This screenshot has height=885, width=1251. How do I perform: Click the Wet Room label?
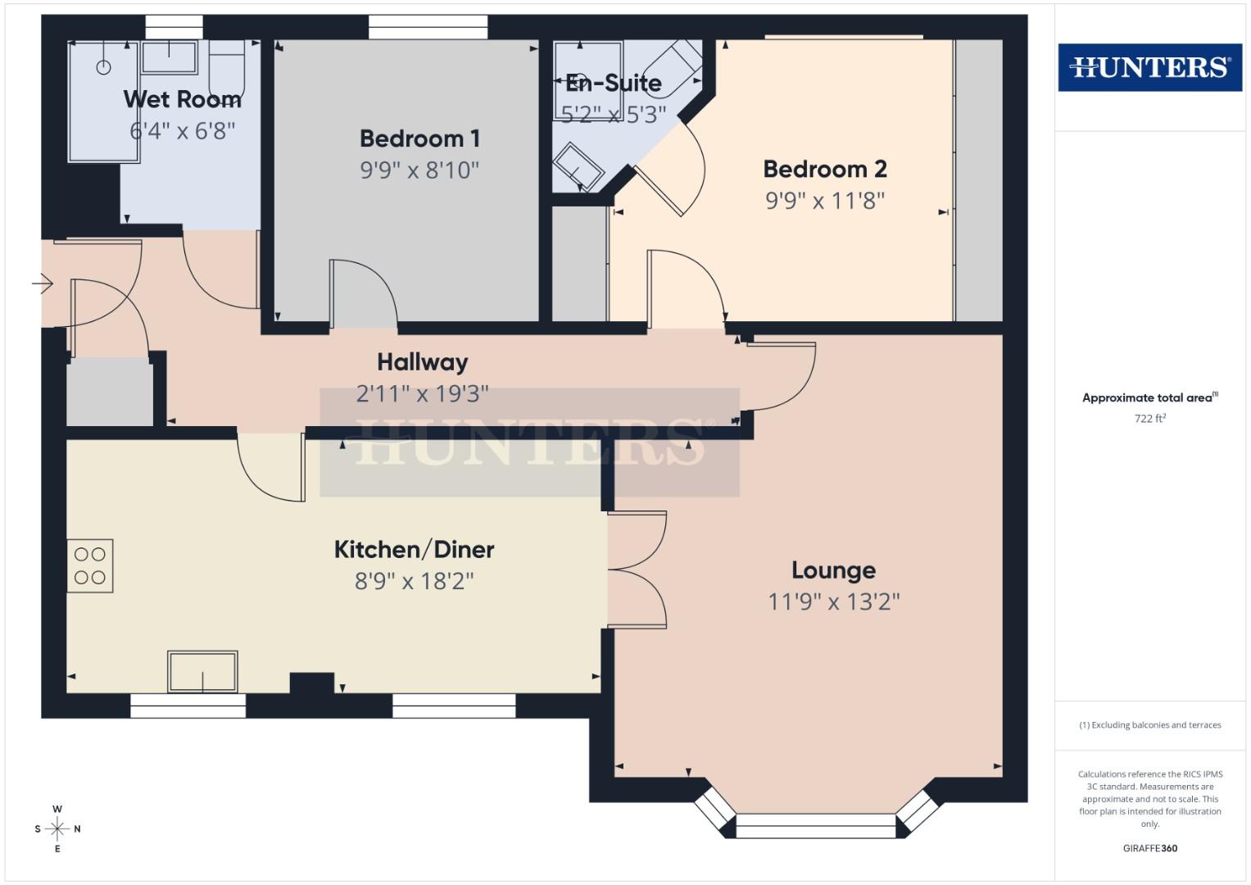click(x=182, y=99)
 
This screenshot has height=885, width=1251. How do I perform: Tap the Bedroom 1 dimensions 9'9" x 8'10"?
click(x=419, y=170)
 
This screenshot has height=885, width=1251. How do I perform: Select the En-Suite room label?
click(x=614, y=83)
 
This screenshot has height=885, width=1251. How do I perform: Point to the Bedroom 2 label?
click(x=824, y=169)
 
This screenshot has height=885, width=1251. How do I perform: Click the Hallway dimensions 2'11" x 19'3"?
click(x=422, y=393)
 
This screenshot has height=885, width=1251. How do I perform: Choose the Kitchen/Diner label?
click(x=414, y=549)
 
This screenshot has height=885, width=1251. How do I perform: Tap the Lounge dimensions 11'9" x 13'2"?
click(x=833, y=601)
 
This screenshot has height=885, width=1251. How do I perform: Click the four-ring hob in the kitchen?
click(x=90, y=565)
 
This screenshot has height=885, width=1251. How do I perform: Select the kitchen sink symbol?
click(x=202, y=672)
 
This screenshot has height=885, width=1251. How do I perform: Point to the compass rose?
click(x=57, y=828)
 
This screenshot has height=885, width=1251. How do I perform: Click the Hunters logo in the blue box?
click(x=1149, y=67)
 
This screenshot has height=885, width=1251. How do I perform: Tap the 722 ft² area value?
click(x=1149, y=418)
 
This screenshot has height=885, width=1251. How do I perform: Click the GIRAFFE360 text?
click(x=1149, y=848)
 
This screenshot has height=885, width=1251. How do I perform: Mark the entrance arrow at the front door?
click(x=42, y=284)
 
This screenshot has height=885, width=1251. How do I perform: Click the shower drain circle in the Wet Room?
click(x=103, y=67)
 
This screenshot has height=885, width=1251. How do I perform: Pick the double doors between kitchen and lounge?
click(x=637, y=570)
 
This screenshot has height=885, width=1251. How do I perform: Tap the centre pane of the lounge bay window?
click(x=816, y=826)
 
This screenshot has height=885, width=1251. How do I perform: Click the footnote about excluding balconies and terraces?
click(x=1149, y=725)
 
